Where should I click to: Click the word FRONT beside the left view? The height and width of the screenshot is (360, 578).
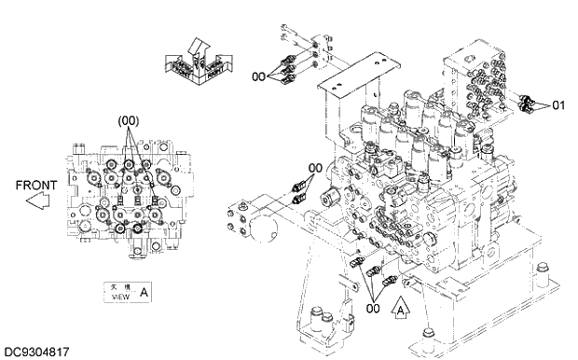(36, 186)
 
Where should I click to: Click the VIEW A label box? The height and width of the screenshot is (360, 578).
(127, 292)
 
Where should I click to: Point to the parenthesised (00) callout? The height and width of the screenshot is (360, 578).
(128, 121)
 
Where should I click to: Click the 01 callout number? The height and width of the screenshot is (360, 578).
(558, 105)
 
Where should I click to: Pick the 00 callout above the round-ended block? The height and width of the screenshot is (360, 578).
(315, 168)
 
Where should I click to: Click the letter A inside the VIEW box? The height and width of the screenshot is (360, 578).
(143, 292)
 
